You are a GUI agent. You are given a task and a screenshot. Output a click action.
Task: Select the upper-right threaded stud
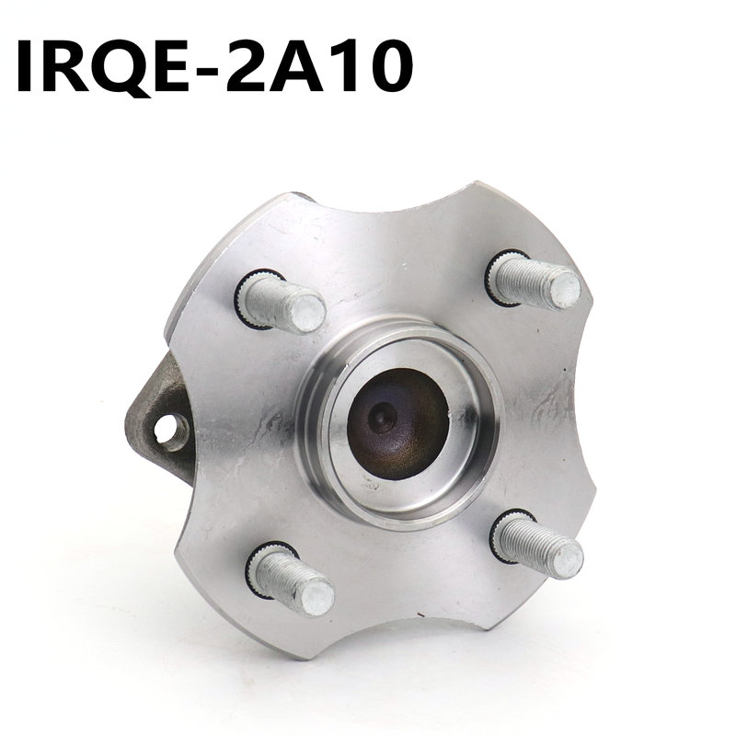(x=538, y=281)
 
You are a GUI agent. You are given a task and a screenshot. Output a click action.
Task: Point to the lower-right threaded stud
(x=543, y=545)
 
